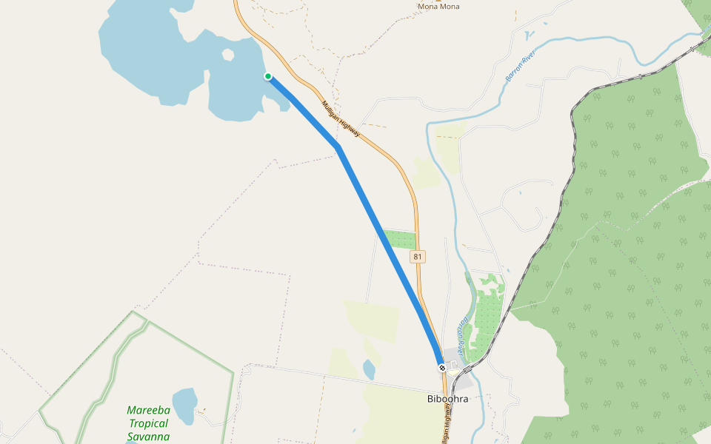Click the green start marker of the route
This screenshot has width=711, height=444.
coord(268,76)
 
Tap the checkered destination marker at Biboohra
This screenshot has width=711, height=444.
coord(442,367)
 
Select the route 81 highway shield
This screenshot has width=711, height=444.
coord(418,257)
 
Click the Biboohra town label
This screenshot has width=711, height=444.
coord(448,398)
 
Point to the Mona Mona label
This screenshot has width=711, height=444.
coord(438,7)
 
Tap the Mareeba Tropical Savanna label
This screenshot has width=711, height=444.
coord(148,423)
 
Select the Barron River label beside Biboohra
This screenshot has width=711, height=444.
coord(465,330)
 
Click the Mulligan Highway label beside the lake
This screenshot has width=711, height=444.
coord(341,118)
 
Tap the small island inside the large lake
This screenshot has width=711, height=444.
coord(228,54)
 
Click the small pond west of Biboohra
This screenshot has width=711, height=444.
coord(369,368)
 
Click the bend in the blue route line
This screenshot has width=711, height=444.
coord(338,148)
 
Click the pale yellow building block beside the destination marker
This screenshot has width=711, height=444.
coord(453,373)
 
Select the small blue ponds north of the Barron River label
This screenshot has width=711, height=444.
coord(528,34)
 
